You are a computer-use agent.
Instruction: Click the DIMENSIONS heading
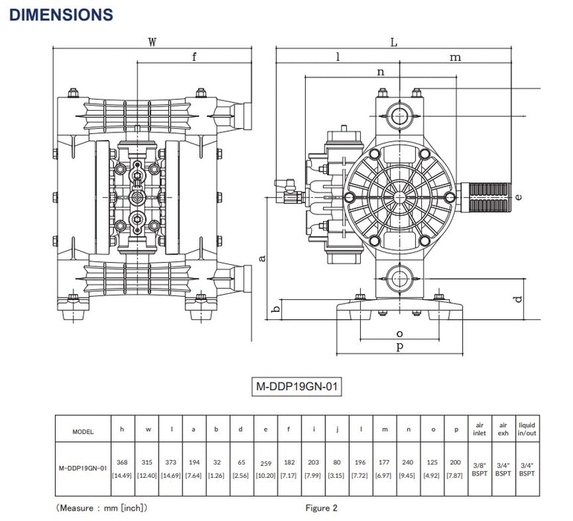coord(62,14)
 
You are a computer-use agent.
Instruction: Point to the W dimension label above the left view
coord(152,42)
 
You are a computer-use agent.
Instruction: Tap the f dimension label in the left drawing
coord(194,57)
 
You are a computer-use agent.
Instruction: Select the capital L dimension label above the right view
coord(394,42)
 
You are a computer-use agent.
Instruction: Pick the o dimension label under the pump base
coord(399,333)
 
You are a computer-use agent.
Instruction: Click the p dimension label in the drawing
coord(399,347)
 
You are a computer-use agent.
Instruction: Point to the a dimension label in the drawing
coord(261,257)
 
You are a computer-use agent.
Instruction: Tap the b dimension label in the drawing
coord(275,309)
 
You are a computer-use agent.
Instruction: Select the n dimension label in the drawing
coord(381,72)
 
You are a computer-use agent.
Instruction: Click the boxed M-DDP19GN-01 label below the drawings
coord(298,387)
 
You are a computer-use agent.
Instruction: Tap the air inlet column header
coord(479,430)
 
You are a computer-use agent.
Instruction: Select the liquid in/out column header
coord(526,430)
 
